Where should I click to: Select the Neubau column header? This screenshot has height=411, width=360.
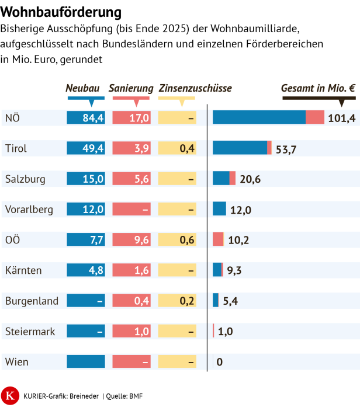[82, 88]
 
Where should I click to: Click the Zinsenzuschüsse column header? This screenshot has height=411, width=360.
[195, 88]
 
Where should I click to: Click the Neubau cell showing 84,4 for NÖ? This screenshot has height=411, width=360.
[86, 118]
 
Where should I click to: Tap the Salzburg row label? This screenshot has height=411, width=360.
[25, 179]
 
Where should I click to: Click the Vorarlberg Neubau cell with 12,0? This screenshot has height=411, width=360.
[86, 209]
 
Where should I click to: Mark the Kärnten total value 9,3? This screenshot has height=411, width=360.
[234, 270]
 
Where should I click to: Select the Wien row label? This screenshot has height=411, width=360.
[16, 361]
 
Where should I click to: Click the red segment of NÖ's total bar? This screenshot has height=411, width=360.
[314, 117]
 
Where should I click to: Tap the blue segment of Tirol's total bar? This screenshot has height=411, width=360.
[240, 148]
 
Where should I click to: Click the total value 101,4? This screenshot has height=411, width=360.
[341, 119]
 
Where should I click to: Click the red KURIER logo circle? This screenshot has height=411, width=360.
[9, 395]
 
